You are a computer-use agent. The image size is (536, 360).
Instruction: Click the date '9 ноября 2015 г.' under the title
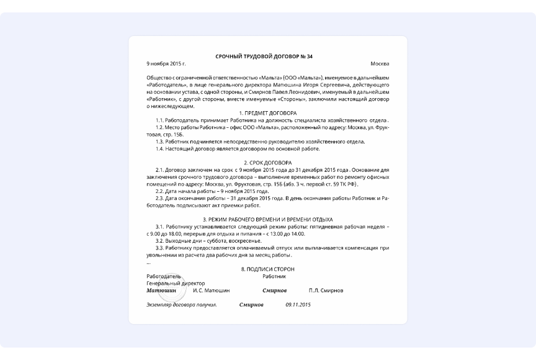tap(166, 64)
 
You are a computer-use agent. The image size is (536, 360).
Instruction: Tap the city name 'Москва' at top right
tap(380, 64)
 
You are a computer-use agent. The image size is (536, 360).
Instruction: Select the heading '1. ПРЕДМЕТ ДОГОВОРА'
tap(267, 113)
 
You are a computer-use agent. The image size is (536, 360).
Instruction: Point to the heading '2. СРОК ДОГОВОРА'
tap(267, 163)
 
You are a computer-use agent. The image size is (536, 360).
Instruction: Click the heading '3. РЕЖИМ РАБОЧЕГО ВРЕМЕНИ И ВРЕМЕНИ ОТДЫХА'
tap(267, 219)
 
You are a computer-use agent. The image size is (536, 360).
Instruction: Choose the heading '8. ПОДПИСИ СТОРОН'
tap(267, 269)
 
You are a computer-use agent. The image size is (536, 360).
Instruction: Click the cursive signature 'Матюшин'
tap(161, 290)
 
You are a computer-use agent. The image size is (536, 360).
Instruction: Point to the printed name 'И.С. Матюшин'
tap(212, 290)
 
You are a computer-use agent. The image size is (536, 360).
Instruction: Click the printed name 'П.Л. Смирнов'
tap(326, 290)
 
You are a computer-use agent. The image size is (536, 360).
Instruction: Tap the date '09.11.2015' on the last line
tap(298, 305)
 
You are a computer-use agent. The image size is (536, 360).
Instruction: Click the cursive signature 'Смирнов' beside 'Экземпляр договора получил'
tap(251, 305)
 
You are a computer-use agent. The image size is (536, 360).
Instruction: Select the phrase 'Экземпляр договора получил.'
tap(181, 305)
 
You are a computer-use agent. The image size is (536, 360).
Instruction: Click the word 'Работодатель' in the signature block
tap(164, 276)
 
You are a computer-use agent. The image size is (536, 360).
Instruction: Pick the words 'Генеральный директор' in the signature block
tap(175, 283)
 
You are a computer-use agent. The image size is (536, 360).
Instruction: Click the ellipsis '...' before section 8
tap(148, 262)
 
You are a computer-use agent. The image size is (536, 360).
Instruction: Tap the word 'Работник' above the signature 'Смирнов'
tap(275, 276)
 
